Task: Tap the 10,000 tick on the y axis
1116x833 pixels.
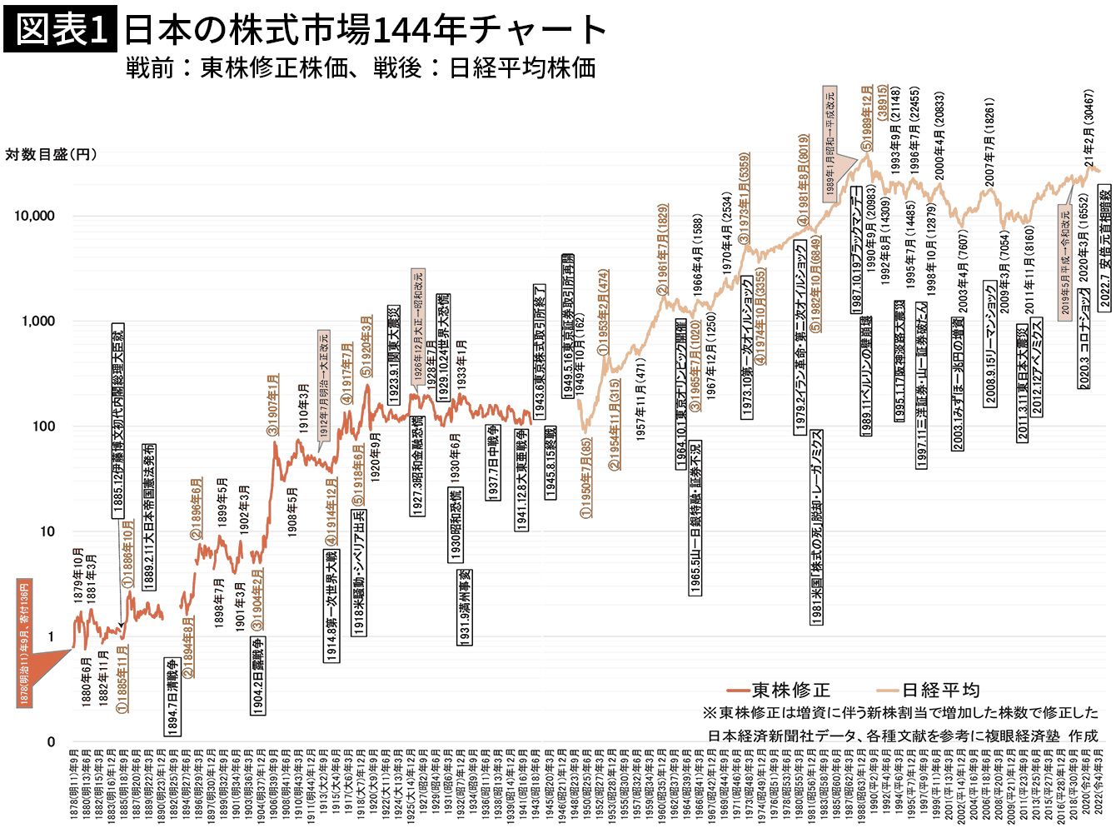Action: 34,216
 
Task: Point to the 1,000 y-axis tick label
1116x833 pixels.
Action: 37,322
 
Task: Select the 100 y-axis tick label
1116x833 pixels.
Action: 41,426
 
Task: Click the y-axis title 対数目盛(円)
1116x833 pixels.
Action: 51,155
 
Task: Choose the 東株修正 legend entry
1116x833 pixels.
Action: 780,690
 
